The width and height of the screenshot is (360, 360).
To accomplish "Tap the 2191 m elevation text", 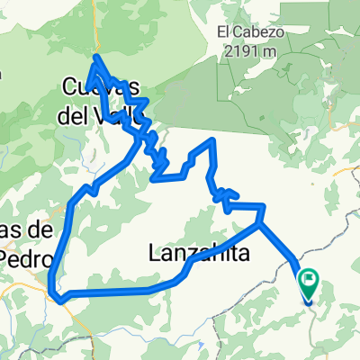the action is (x=250, y=50).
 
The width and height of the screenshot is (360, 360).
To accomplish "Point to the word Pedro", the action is (x=23, y=256).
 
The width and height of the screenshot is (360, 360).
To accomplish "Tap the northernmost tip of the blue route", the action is (x=95, y=57).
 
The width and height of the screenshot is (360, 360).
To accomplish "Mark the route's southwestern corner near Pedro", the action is (x=54, y=294).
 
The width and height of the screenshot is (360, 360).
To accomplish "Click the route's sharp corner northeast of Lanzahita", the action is (x=263, y=206).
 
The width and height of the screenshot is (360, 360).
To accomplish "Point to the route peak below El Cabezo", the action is (x=212, y=140).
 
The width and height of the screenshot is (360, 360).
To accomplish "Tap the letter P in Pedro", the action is (x=6, y=256).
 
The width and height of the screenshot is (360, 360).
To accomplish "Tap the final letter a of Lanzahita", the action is (x=243, y=257).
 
